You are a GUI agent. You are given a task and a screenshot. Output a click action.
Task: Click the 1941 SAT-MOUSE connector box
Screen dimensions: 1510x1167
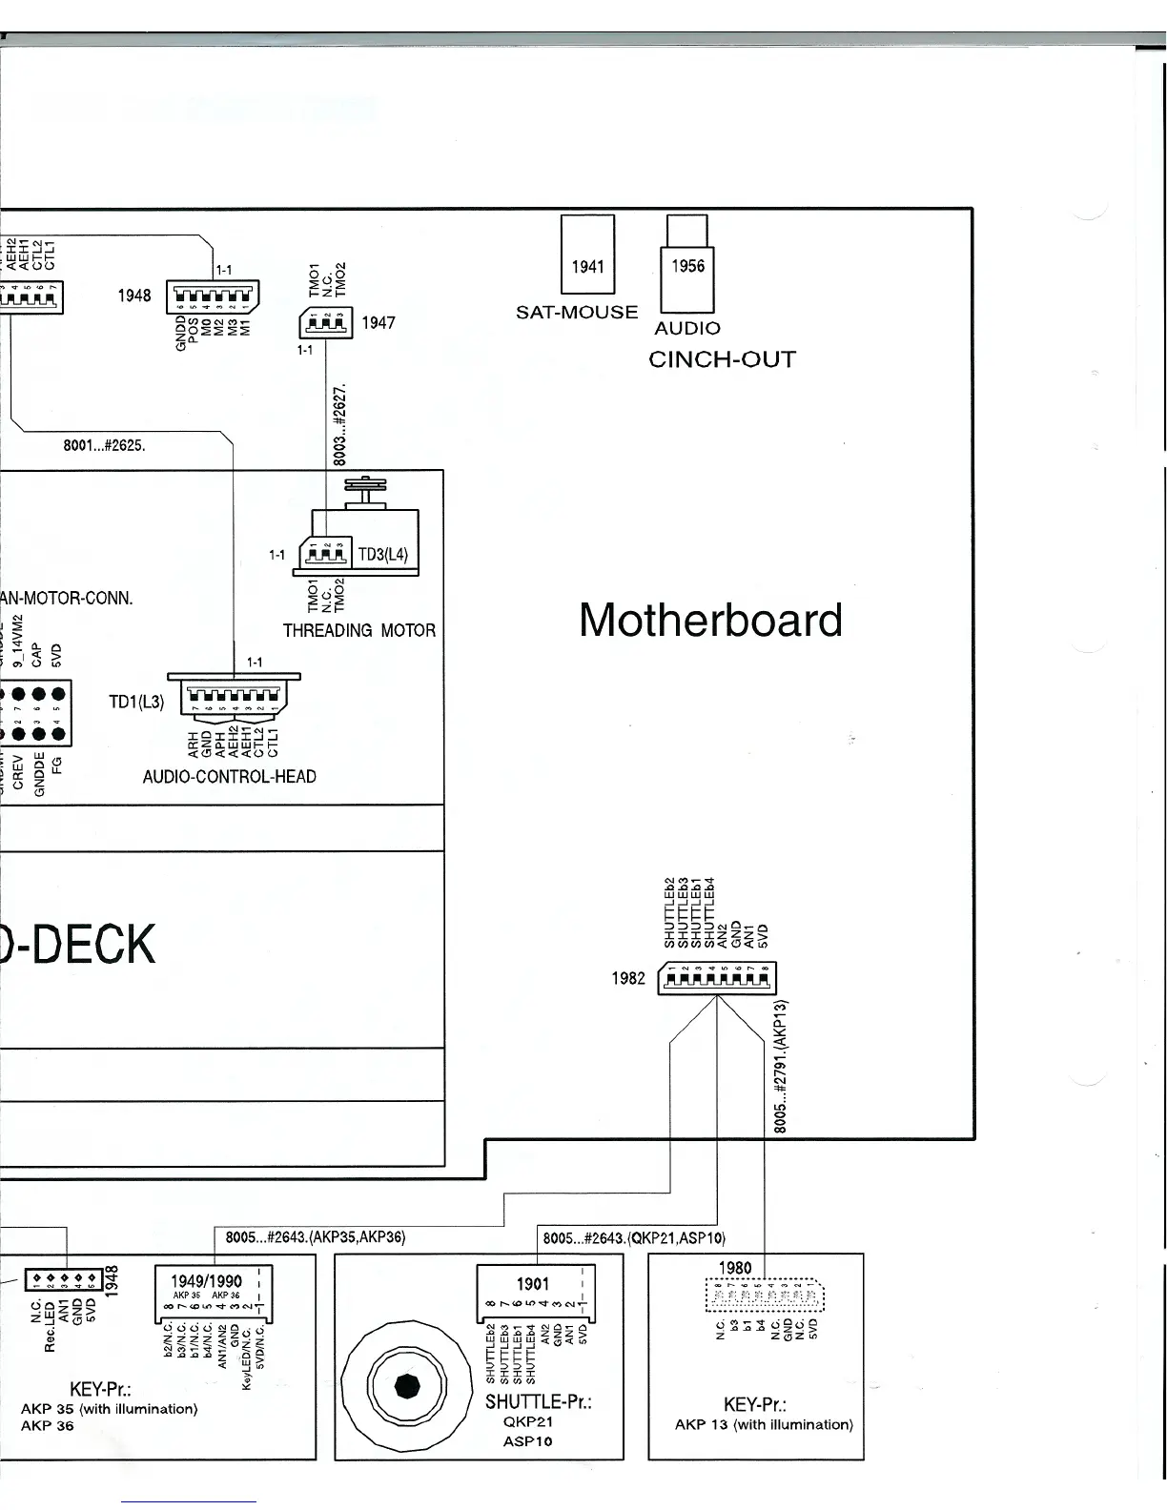point(587,255)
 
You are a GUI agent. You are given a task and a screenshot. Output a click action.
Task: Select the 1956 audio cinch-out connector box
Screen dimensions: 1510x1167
point(686,266)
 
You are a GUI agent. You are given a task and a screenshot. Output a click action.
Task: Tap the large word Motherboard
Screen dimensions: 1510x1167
point(710,620)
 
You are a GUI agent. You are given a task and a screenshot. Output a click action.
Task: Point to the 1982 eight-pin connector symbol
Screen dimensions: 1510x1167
point(717,978)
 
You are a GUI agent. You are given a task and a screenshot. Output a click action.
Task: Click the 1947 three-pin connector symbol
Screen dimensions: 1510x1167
point(326,323)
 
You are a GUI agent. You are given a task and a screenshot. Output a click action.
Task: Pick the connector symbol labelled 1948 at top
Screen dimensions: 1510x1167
point(213,296)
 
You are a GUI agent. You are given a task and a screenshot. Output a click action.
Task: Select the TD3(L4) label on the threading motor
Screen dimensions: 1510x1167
point(382,554)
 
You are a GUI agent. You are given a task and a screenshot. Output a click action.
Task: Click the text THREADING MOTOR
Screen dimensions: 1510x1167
point(359,630)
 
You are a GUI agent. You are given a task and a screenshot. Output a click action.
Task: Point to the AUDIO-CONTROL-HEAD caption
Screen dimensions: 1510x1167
point(229,777)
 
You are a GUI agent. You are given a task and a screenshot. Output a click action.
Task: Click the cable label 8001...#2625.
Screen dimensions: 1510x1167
point(104,445)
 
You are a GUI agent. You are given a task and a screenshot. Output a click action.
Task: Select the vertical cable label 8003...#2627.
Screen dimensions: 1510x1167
point(339,424)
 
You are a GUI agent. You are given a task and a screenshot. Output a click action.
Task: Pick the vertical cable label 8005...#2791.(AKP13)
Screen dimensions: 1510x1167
point(779,1066)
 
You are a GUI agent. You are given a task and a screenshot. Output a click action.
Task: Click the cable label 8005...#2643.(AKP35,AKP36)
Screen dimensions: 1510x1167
point(316,1237)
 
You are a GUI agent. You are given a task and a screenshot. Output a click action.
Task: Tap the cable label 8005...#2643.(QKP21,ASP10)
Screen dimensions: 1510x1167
point(634,1238)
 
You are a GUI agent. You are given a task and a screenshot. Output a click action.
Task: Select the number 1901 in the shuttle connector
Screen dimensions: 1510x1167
point(532,1284)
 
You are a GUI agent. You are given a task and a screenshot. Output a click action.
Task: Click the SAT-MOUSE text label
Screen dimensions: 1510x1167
point(577,313)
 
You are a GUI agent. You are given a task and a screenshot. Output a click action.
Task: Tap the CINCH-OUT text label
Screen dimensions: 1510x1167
point(722,359)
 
